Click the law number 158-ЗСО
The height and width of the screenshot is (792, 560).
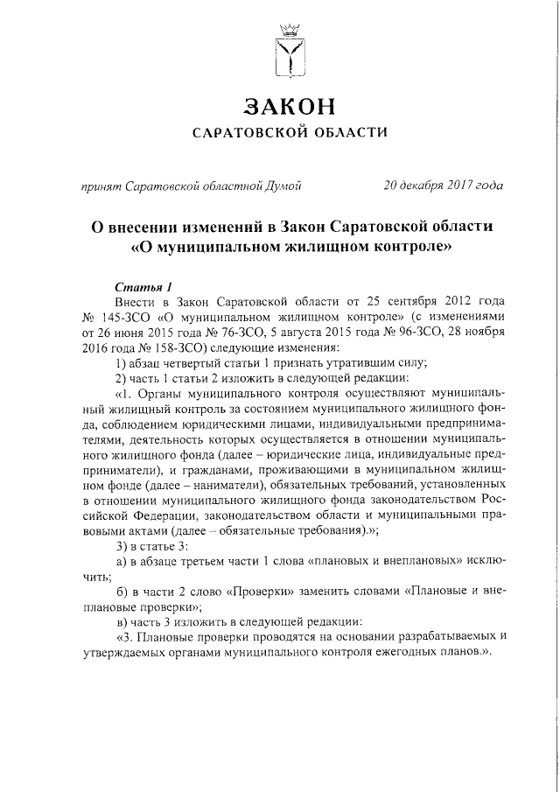pyautogui.click(x=157, y=347)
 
